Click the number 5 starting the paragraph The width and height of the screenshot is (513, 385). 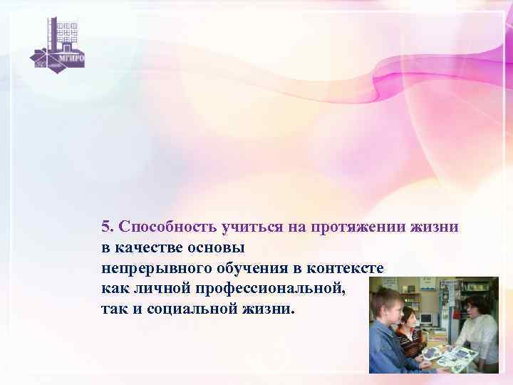pos(105,227)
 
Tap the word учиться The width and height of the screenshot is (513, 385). pos(252,227)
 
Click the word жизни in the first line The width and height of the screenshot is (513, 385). pos(435,227)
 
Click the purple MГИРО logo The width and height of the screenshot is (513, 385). pos(57,43)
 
